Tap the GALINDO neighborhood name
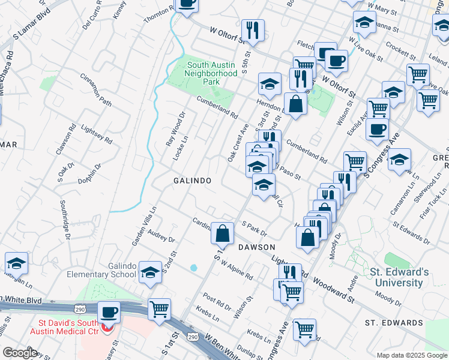pyautogui.click(x=192, y=181)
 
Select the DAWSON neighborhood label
pyautogui.click(x=256, y=247)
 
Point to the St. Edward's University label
pyautogui.click(x=399, y=277)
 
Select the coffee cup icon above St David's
pyautogui.click(x=109, y=312)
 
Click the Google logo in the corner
pyautogui.click(x=20, y=353)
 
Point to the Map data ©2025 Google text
pyautogui.click(x=411, y=355)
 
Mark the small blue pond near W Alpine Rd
pyautogui.click(x=193, y=267)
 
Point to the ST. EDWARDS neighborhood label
pyautogui.click(x=394, y=323)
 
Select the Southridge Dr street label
pyautogui.click(x=65, y=221)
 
